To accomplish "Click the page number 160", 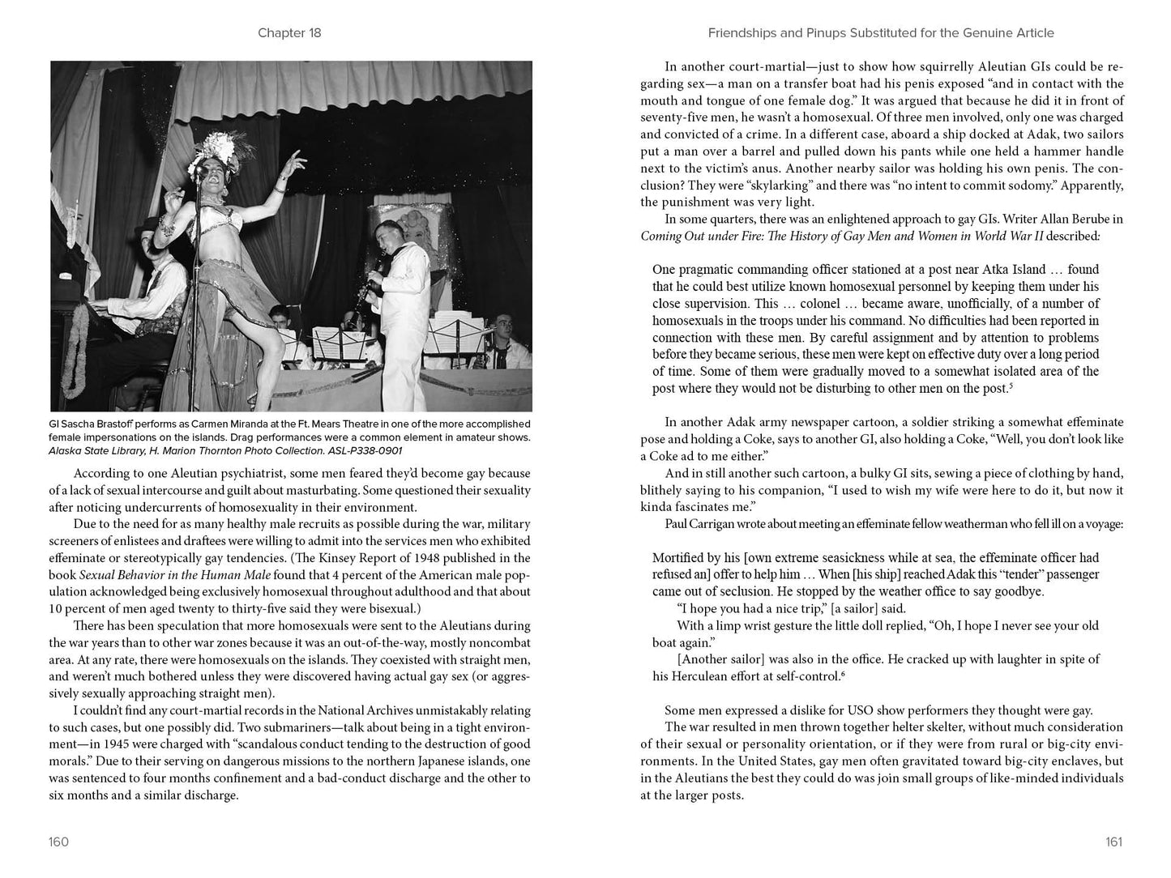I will click(58, 842).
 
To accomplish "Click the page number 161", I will click(1114, 842).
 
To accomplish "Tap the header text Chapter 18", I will click(289, 33).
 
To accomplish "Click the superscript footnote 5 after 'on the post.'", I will click(1012, 386).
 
